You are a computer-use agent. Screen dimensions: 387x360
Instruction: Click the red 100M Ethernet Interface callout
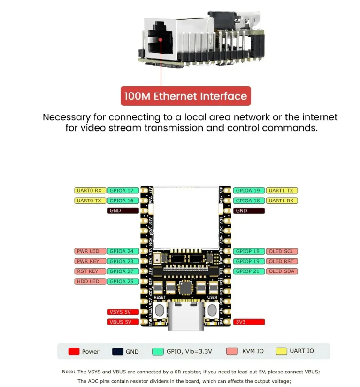(185, 96)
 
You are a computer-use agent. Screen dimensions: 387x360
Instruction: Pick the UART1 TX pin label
(282, 191)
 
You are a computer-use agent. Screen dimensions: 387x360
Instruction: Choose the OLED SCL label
(282, 251)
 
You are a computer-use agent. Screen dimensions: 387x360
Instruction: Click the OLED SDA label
(282, 271)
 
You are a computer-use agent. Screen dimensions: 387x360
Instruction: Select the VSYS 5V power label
(123, 312)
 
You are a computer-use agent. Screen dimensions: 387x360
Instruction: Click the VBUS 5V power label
(123, 322)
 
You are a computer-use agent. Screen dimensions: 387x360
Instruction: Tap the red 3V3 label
(249, 322)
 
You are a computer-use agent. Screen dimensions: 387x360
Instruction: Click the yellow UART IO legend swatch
(282, 351)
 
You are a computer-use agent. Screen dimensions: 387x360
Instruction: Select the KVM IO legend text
(253, 351)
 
